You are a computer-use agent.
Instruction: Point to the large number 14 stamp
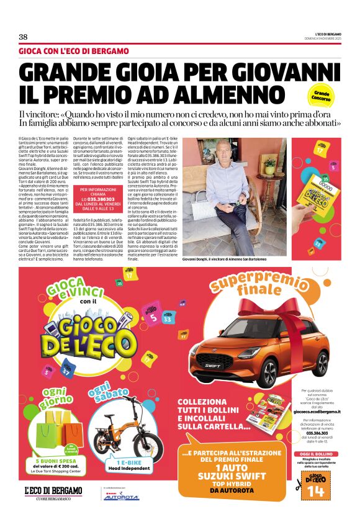(316, 491)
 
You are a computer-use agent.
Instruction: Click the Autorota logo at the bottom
(121, 497)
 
